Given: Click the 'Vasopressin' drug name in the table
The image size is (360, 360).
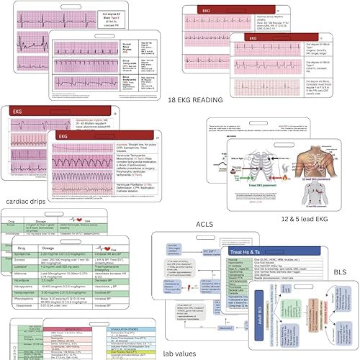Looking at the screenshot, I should pos(56,330).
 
